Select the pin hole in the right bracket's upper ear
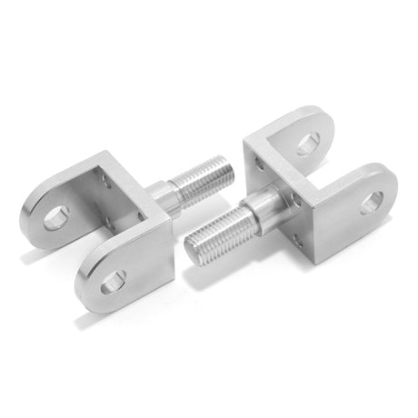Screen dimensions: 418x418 point(308,143)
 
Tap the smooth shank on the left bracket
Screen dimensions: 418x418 point(161,194)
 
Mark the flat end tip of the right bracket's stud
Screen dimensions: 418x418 point(193,245)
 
